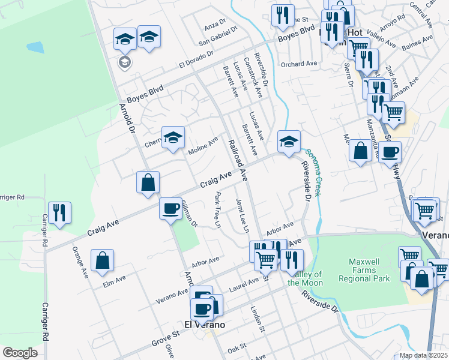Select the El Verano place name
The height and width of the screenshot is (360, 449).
[x=204, y=325]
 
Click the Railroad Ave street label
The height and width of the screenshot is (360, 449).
[x=238, y=160]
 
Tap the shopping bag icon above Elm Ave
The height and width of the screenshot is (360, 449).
[x=103, y=261]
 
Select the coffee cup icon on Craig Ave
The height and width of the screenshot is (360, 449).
[x=170, y=209]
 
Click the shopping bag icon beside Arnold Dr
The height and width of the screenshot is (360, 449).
[x=148, y=183]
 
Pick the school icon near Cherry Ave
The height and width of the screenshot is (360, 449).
[x=173, y=138]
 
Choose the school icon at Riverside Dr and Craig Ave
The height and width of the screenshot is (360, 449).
[x=289, y=143]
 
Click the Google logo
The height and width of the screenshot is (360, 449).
[x=20, y=353]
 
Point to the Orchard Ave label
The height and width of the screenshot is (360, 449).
[x=298, y=64]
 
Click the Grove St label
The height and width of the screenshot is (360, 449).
[x=166, y=341]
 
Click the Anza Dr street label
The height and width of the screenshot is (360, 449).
[x=214, y=25]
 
